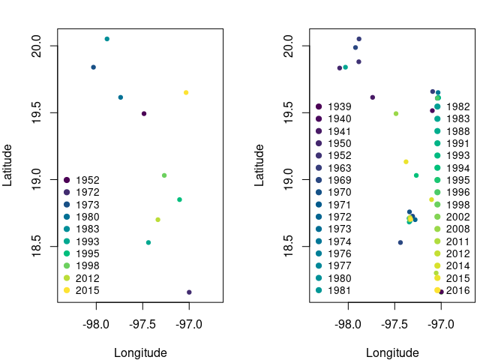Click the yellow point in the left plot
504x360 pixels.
[186, 92]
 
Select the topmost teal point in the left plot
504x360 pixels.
[107, 39]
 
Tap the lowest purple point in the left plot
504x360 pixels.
[189, 292]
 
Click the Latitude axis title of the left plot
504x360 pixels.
[7, 165]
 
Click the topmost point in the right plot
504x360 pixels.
[359, 39]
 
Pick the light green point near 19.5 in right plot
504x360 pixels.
[396, 114]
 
